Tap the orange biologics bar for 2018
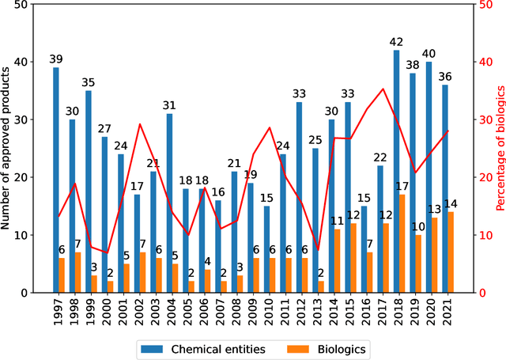point(403,244)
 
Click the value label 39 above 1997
point(56,59)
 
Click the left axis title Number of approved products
point(7,149)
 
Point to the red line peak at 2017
point(383,89)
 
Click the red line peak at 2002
point(140,124)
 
